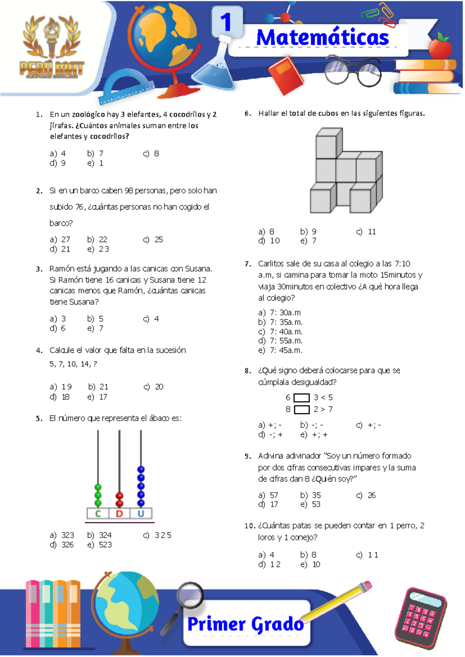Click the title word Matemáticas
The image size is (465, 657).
[x=322, y=38]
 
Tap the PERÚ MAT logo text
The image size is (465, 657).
[x=52, y=69]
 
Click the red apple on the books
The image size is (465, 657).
[x=441, y=47]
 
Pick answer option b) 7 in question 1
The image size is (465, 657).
[x=95, y=153]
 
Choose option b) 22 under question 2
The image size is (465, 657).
[x=97, y=239]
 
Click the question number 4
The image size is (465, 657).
[x=39, y=351]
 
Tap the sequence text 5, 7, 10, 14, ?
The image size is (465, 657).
[x=73, y=364]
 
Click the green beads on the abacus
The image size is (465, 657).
[x=98, y=495]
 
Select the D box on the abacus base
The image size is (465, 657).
[x=119, y=514]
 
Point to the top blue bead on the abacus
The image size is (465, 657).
[x=141, y=470]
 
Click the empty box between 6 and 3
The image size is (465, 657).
[x=301, y=398]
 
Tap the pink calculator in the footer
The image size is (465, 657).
[x=420, y=619]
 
